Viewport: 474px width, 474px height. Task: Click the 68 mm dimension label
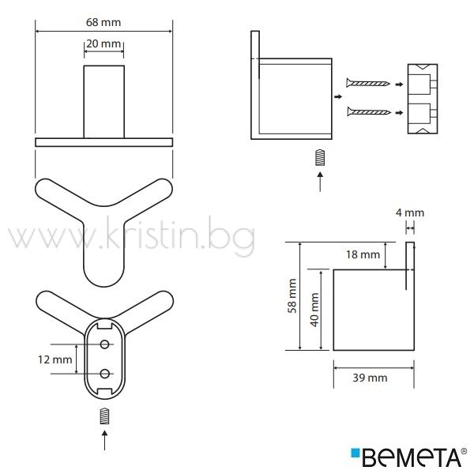103,22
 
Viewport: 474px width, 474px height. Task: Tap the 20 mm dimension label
103,43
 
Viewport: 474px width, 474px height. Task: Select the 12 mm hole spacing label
55,359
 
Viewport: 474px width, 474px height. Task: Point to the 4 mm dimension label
410,213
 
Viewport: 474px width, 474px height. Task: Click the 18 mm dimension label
363,254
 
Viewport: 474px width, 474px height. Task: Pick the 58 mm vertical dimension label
292,295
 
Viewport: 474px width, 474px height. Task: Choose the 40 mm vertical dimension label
314,310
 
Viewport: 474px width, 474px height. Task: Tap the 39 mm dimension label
370,378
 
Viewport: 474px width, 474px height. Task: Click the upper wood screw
368,83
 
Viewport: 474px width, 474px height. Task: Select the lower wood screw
369,112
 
